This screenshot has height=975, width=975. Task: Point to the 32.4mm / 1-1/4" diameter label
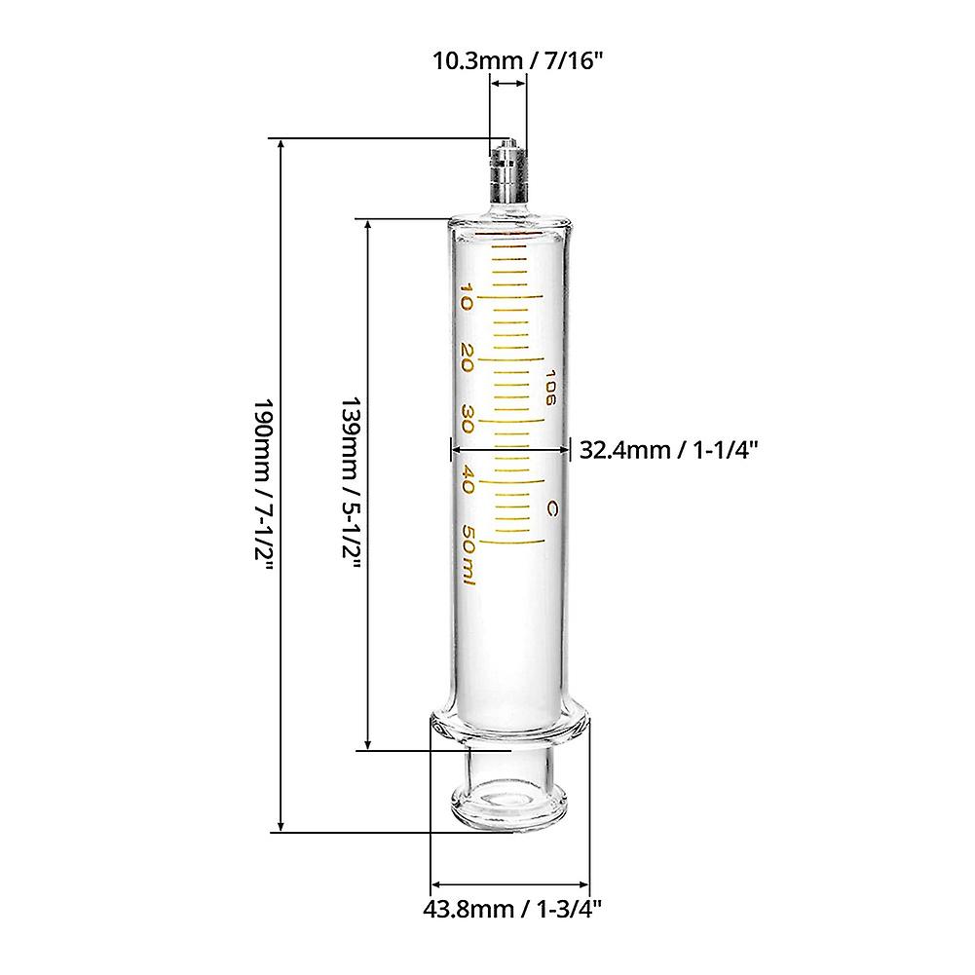click(669, 449)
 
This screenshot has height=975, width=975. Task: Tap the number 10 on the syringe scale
click(468, 296)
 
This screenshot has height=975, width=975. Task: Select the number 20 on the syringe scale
click(468, 357)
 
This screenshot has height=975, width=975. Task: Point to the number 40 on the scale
click(468, 480)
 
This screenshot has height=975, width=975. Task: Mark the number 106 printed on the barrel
click(550, 387)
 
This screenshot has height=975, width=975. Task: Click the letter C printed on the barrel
click(551, 507)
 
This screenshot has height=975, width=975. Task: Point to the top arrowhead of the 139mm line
click(368, 224)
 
